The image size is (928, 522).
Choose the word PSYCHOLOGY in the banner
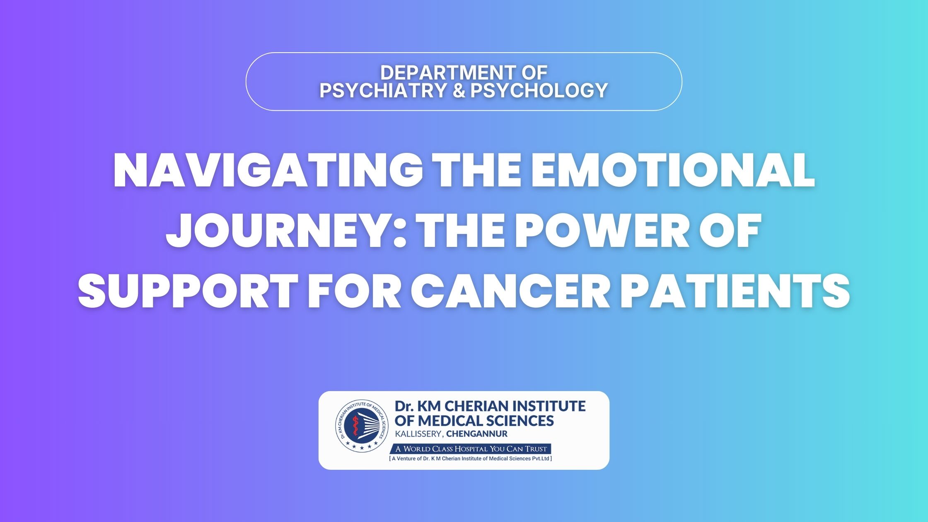539,90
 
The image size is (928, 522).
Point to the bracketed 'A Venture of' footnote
470,459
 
